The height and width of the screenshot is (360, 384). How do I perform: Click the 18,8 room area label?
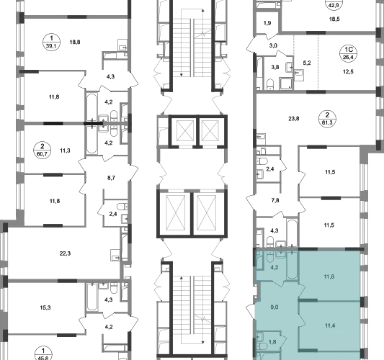tap(75, 42)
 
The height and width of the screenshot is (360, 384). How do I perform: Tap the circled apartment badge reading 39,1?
tap(51, 42)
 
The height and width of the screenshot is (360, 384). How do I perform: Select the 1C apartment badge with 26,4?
tap(348, 53)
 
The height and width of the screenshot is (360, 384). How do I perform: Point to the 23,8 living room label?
tap(294, 119)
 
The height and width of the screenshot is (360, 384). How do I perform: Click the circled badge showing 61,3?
tap(327, 119)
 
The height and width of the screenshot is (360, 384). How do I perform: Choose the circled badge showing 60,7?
tap(43, 150)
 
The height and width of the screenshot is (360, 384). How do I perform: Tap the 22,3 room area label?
tap(65, 253)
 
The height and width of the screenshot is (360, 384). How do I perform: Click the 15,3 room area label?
tap(45, 307)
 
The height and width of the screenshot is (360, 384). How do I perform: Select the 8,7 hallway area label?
tap(111, 178)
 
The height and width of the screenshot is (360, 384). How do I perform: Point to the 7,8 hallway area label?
tap(275, 200)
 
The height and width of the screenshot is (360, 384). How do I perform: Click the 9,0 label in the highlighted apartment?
tap(274, 307)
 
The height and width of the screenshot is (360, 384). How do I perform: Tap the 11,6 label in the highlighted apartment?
tap(329, 276)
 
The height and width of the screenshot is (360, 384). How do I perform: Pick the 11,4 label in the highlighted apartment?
tap(330, 325)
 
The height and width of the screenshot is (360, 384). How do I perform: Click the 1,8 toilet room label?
tap(272, 342)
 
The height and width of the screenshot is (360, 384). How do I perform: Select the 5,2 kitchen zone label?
tap(307, 63)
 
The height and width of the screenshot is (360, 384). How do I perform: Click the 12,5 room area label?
tap(348, 72)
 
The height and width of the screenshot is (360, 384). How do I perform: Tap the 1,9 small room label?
tap(267, 23)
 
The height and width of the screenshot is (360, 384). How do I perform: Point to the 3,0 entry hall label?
tap(273, 45)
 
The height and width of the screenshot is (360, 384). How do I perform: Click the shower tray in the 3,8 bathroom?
tap(286, 84)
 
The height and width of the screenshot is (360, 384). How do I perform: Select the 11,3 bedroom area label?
tap(65, 150)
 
